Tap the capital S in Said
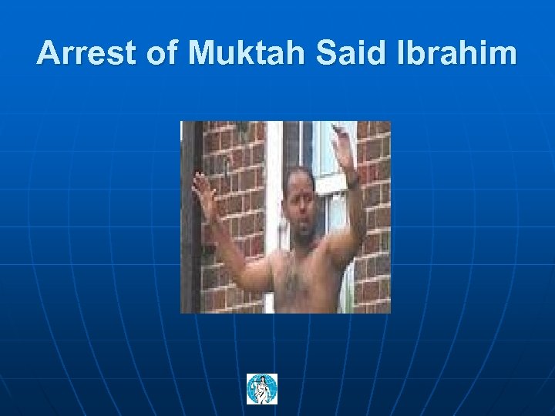pos(320,53)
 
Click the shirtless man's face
pos(301,205)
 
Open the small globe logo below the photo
pos(262,389)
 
